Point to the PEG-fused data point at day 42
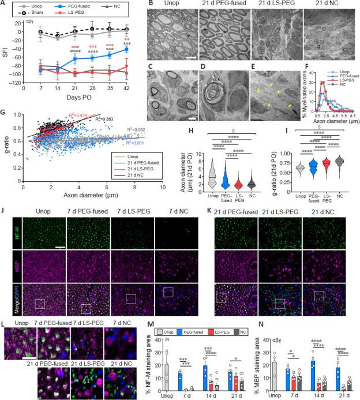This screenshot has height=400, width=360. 127,50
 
